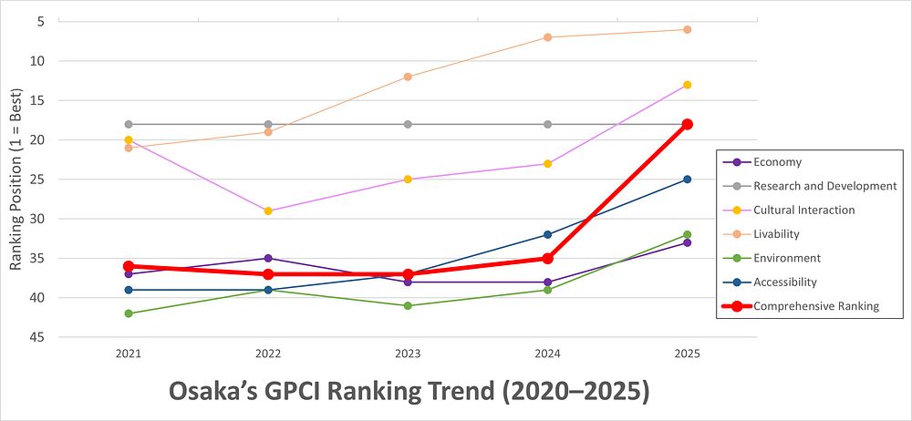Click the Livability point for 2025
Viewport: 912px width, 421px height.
pos(688,29)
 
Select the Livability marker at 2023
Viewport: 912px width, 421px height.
pos(408,77)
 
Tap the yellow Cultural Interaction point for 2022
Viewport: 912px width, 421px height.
pos(268,210)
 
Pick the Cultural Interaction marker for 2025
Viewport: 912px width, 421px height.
pos(688,85)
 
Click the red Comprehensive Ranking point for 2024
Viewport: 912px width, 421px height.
pos(548,259)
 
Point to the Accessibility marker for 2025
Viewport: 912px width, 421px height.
pos(688,180)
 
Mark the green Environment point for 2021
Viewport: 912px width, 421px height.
pos(129,313)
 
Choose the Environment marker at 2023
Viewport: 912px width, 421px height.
pos(408,305)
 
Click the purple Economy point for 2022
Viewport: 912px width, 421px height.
pos(268,258)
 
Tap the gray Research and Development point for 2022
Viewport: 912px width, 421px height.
pos(268,124)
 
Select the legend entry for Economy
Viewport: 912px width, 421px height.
pos(777,162)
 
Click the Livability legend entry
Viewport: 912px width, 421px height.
pos(782,234)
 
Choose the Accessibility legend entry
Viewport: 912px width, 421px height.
pos(784,282)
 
